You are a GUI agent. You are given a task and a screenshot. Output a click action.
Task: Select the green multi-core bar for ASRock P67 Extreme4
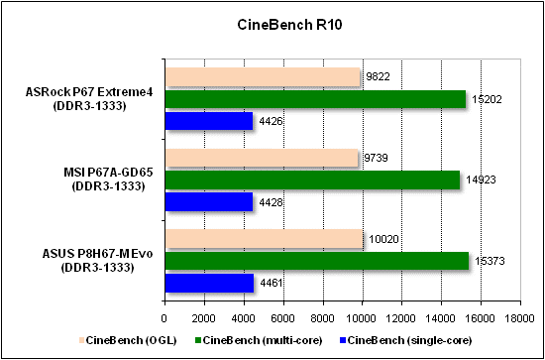(314, 99)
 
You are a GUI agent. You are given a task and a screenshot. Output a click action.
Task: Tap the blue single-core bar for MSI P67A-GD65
(208, 202)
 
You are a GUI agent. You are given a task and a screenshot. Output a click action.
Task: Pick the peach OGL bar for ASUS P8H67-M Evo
(264, 238)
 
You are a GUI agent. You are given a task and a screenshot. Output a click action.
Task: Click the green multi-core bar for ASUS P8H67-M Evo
(316, 261)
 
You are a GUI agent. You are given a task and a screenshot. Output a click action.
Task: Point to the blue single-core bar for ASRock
(208, 121)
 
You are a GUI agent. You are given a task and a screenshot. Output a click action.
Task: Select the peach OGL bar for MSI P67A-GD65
(261, 158)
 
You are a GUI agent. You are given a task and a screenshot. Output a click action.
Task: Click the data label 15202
(485, 99)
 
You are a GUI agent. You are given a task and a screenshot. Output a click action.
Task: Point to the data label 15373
(488, 261)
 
